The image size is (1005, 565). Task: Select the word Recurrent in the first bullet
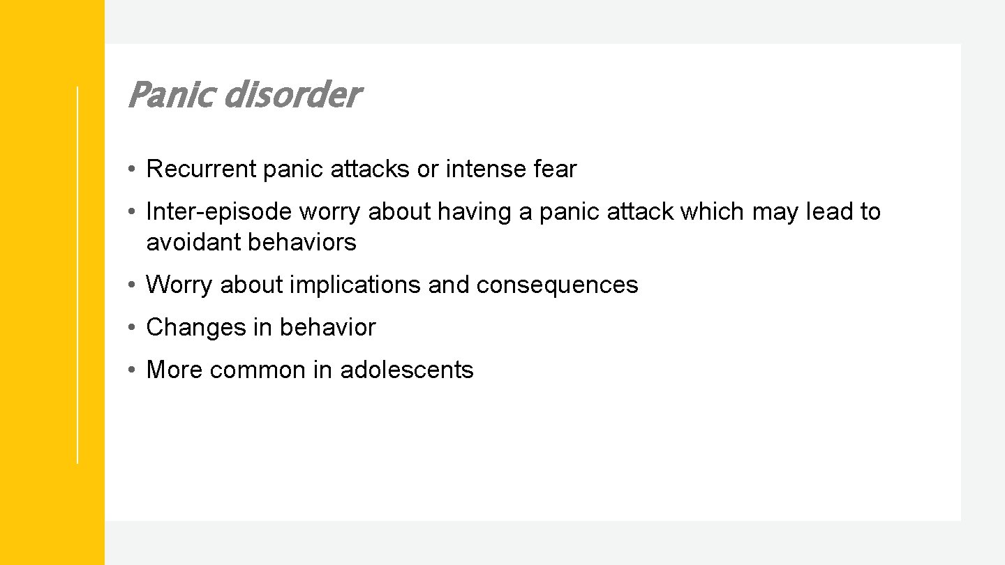202,169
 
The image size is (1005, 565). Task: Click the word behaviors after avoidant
302,242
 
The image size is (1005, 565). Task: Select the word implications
355,285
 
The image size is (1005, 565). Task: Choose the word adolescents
407,370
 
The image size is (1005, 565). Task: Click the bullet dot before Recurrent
131,169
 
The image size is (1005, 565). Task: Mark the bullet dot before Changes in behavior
131,328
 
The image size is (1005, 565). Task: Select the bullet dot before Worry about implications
131,285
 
